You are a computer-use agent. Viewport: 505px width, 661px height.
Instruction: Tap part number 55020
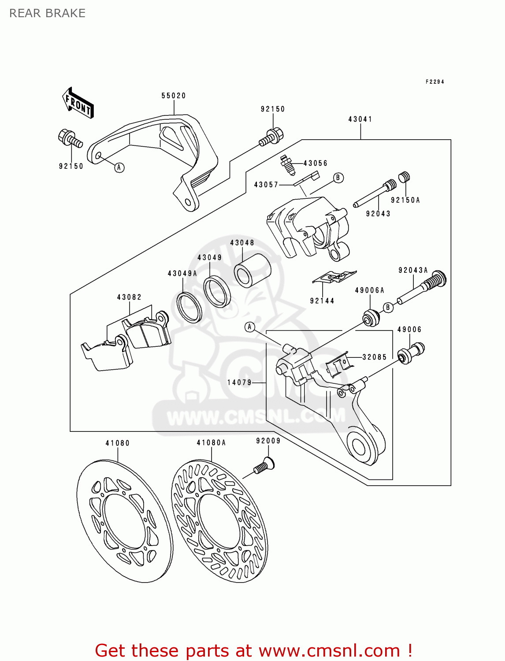click(173, 96)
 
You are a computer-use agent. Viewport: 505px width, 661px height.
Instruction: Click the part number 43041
click(360, 119)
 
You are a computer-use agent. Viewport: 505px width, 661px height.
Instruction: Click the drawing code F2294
click(434, 82)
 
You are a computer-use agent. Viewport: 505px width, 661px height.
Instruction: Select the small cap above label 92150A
click(405, 177)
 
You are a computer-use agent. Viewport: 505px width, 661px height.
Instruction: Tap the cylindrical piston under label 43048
click(252, 270)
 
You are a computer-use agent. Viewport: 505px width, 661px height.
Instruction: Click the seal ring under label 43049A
click(189, 306)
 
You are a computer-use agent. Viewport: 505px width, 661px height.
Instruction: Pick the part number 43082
click(129, 297)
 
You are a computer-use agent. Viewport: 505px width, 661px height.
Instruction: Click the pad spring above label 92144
click(334, 277)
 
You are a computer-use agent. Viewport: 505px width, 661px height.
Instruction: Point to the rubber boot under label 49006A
click(371, 318)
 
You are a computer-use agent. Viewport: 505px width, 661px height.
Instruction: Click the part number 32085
click(374, 357)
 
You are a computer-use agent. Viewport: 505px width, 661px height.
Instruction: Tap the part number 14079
click(239, 382)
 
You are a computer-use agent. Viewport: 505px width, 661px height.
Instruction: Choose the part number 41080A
click(211, 442)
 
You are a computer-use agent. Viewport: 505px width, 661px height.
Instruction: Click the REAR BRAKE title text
click(47, 13)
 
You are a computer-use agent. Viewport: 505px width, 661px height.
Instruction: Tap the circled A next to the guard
click(119, 167)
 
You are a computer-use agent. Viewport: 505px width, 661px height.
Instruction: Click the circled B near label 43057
click(338, 178)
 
